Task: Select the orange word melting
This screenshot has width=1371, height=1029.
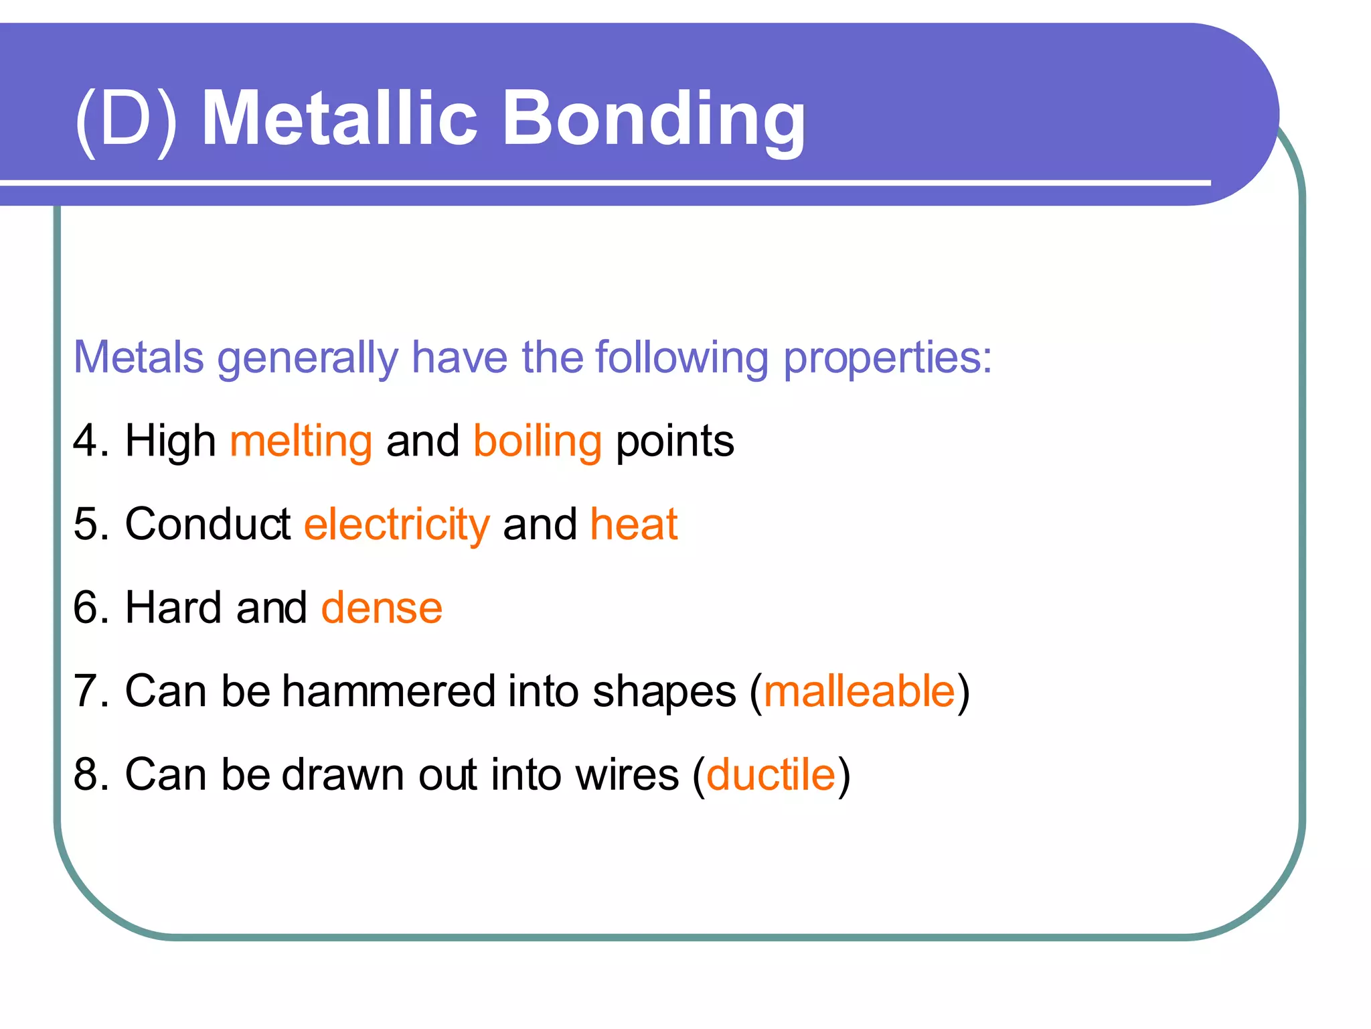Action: point(301,442)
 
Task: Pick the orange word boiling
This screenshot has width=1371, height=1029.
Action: point(537,442)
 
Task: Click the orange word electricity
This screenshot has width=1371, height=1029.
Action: point(396,525)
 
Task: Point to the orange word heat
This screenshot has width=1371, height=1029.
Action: point(633,525)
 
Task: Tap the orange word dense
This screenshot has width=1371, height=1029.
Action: point(382,608)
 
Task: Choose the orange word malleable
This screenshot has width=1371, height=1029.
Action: point(859,691)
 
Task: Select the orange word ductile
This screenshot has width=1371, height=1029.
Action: point(771,775)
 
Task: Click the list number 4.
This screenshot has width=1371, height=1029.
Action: point(86,442)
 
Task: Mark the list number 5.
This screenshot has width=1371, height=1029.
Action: point(86,525)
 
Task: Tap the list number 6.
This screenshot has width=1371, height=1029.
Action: point(86,608)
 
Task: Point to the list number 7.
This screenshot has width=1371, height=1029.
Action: point(86,691)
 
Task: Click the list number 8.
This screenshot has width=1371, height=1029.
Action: point(86,775)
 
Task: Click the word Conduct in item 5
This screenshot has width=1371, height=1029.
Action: point(208,525)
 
